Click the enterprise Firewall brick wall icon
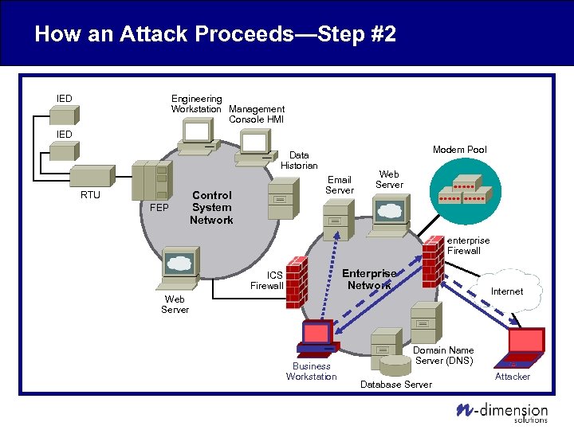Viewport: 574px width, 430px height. [x=434, y=256]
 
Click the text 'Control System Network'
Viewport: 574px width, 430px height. [x=211, y=207]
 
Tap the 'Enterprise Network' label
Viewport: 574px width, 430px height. [x=368, y=279]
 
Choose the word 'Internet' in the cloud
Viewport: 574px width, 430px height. [x=506, y=291]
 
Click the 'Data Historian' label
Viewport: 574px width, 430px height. [x=299, y=160]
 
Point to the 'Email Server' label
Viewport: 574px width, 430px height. [x=339, y=185]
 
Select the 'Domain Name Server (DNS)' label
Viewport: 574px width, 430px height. [x=443, y=355]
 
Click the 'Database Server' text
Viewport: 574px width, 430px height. [x=396, y=385]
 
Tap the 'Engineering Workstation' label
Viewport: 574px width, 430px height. [x=197, y=104]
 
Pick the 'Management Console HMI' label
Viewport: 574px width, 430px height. [x=256, y=114]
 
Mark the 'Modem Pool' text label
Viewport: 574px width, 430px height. [x=459, y=150]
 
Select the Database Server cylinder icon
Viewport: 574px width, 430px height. [x=395, y=365]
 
